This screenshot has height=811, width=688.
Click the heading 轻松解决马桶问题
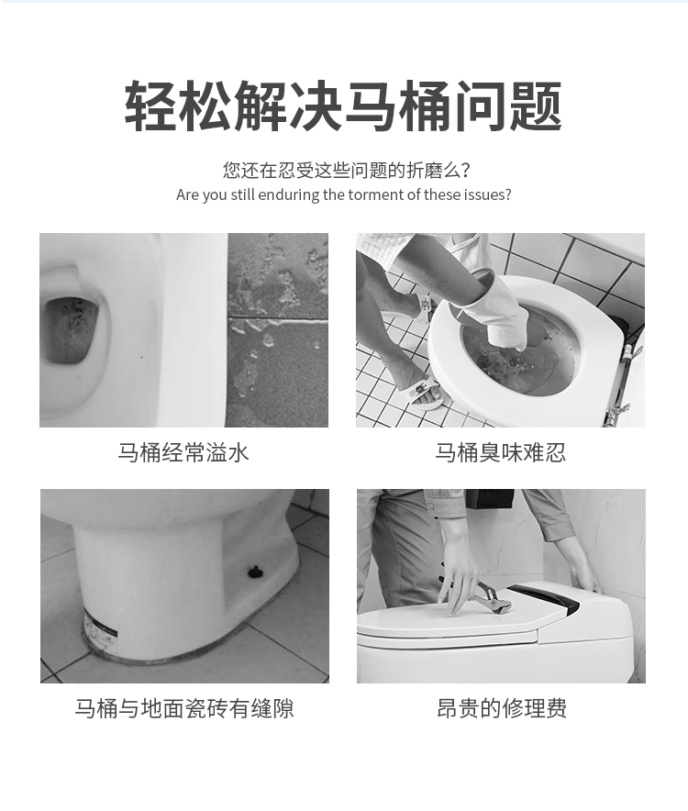coord(343,106)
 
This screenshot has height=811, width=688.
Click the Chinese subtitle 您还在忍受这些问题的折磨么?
coord(346,170)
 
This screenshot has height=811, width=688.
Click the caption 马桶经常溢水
coord(183,452)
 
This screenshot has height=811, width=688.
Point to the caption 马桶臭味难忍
coord(500,452)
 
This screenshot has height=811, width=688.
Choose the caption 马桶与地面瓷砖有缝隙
coord(184,708)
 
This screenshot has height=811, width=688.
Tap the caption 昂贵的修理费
coord(501,708)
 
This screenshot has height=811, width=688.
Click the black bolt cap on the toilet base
coord(253,572)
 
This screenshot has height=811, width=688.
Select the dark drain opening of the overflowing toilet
coord(70,330)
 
